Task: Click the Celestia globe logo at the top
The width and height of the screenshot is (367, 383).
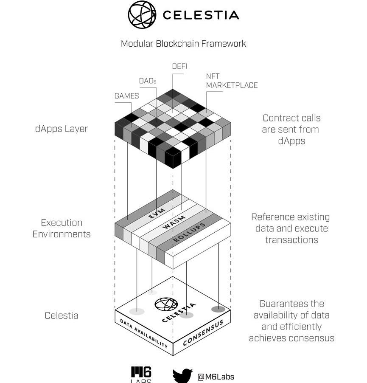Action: [142, 15]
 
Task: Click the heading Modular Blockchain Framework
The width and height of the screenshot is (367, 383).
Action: [183, 43]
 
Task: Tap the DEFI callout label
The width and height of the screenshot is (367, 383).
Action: [179, 66]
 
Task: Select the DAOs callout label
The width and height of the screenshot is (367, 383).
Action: [148, 81]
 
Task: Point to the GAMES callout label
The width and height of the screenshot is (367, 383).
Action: [126, 96]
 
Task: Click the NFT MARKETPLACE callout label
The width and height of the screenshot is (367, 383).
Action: [232, 81]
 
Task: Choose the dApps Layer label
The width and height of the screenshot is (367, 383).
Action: [62, 129]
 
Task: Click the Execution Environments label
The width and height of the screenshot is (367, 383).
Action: [62, 228]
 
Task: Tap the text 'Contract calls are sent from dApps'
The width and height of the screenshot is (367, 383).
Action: [291, 129]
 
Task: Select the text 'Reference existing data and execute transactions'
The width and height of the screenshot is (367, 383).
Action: [291, 228]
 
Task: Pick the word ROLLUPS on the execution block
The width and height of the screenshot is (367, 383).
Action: [189, 232]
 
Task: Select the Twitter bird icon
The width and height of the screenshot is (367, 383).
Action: [182, 376]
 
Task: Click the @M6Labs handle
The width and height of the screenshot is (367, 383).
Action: [216, 377]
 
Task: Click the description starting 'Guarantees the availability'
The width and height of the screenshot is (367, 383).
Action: [291, 321]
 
